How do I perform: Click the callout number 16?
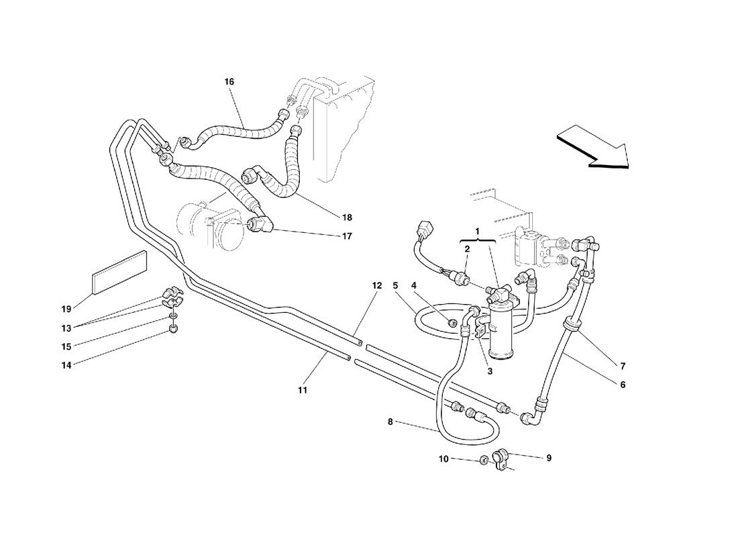(x=229, y=81)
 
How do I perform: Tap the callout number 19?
(x=66, y=309)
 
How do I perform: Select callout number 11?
(x=303, y=390)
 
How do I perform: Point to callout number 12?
(x=377, y=285)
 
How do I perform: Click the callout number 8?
(x=390, y=422)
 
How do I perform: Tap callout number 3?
(x=490, y=371)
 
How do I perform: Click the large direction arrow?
(x=594, y=148)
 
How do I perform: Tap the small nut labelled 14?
(x=172, y=330)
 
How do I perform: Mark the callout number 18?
(x=347, y=217)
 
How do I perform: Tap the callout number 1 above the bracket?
(x=478, y=232)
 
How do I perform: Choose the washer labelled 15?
(x=173, y=315)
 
